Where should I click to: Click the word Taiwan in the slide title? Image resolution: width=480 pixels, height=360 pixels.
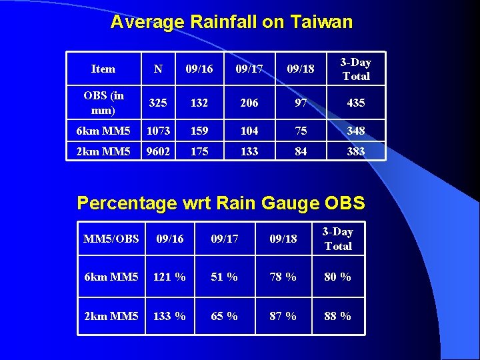(321, 22)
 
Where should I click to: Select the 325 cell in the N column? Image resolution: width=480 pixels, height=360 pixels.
(158, 103)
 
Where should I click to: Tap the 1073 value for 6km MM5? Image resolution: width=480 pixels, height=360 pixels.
(158, 131)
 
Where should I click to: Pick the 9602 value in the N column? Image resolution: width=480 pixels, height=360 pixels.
(158, 152)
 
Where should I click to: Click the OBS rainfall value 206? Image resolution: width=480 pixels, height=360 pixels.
(249, 103)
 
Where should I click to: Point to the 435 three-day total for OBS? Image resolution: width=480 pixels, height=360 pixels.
(355, 103)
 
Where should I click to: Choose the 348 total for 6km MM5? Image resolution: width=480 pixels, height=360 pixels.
(355, 131)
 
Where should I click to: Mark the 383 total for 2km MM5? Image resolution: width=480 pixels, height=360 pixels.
(355, 152)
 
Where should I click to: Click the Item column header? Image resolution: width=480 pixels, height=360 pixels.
(103, 69)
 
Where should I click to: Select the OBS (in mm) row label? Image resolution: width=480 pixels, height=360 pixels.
(103, 103)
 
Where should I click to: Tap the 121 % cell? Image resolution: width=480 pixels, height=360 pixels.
(170, 277)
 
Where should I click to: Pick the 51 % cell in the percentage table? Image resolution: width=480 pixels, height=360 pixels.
(224, 277)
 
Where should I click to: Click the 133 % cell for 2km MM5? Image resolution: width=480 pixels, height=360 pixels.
(170, 316)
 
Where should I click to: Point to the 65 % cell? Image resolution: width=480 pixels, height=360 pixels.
(224, 316)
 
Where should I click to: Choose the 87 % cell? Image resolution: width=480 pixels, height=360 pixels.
(283, 316)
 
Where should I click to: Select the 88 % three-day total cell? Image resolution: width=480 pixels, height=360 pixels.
(337, 316)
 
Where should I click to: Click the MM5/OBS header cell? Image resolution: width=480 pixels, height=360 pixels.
(111, 239)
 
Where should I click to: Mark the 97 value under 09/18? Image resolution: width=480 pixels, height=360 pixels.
(301, 103)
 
